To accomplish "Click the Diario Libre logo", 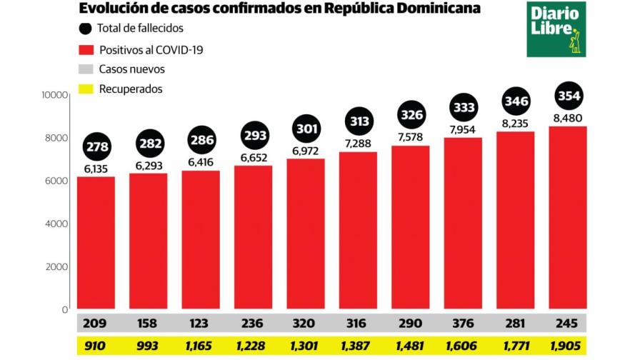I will pyautogui.click(x=556, y=29).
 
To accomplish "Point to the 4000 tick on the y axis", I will pyautogui.click(x=56, y=224).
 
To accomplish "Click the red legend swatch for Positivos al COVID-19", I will pyautogui.click(x=85, y=50).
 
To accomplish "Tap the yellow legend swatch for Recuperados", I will pyautogui.click(x=85, y=89).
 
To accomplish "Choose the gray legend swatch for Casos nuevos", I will pyautogui.click(x=85, y=70).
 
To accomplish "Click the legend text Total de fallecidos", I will pyautogui.click(x=141, y=29).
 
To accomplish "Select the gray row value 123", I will pyautogui.click(x=200, y=322).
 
